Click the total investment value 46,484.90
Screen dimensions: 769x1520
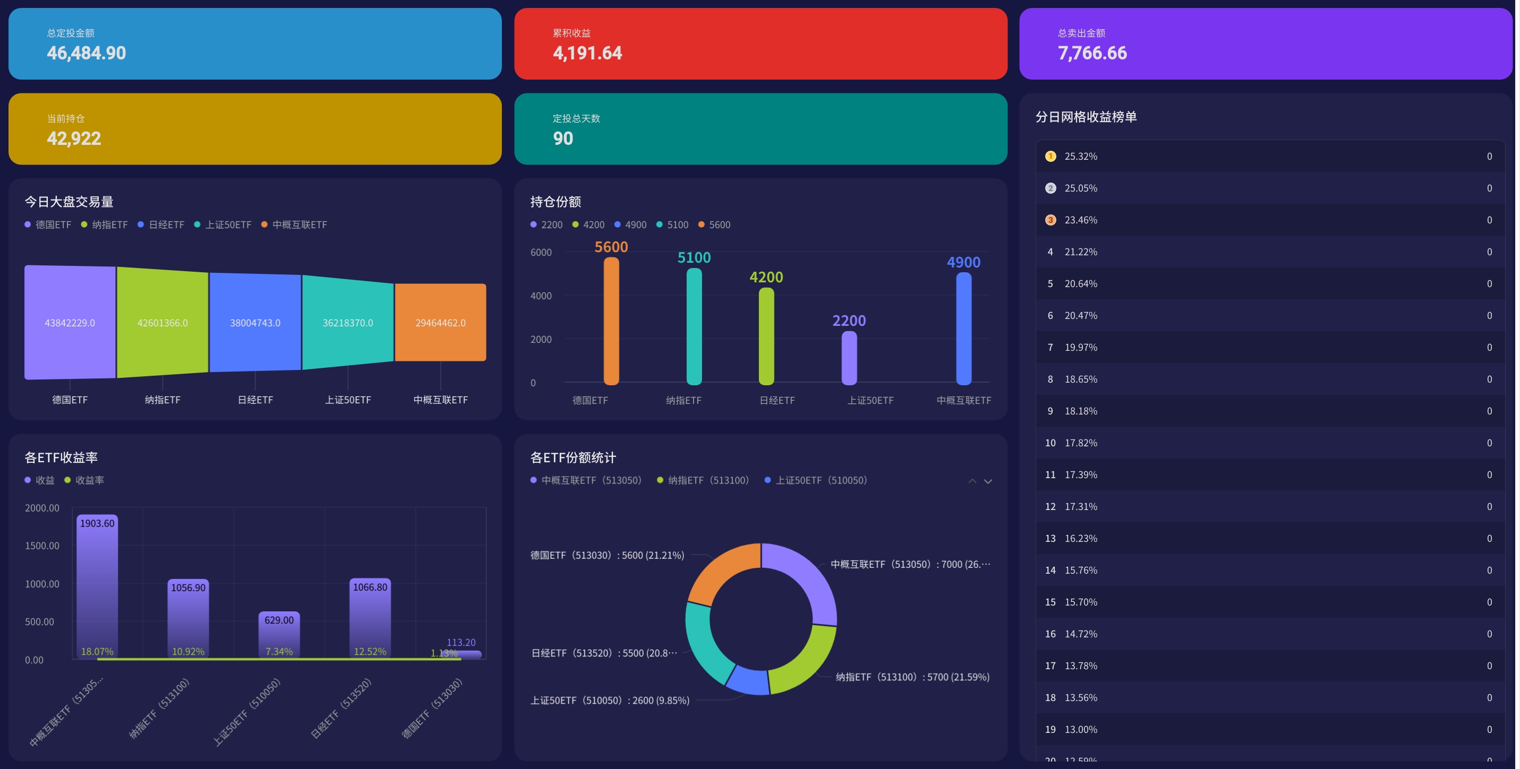[86, 53]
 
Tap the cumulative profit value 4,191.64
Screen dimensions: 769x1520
[587, 53]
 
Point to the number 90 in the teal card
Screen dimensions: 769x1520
[563, 139]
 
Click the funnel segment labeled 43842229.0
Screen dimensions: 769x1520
[70, 322]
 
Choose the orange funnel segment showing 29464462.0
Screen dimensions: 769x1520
[440, 322]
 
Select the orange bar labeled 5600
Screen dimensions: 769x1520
[611, 322]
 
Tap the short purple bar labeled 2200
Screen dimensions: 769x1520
[849, 358]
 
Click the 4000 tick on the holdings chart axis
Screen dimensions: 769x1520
[541, 296]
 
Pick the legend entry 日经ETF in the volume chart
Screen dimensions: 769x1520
[161, 224]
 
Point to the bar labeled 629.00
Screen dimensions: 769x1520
[279, 634]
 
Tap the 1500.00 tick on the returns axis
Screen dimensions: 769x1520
[42, 546]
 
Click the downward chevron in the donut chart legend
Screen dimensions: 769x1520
[988, 481]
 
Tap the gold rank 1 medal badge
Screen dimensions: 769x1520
[1051, 156]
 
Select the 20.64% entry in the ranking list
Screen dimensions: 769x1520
[1080, 283]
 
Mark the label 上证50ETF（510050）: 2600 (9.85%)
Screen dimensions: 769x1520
[610, 701]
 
